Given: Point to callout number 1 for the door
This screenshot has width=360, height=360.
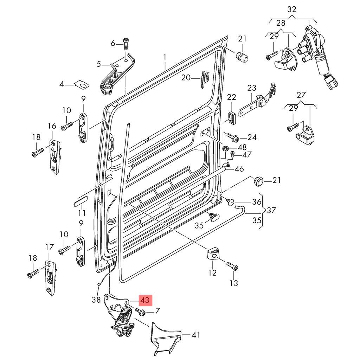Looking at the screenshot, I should click(x=165, y=56).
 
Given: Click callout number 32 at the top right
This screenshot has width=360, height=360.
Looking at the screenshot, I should click(x=292, y=9).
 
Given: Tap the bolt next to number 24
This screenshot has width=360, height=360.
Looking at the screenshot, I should click(x=232, y=136).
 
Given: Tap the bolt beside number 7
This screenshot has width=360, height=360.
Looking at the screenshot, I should click(x=139, y=311).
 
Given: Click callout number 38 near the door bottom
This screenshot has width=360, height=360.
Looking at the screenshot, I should click(x=94, y=300).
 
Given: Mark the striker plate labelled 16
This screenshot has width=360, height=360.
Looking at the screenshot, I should click(x=54, y=156).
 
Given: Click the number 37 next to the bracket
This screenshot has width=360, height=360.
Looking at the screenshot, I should click(x=271, y=211).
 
